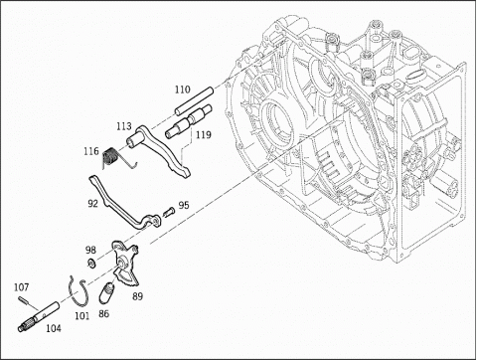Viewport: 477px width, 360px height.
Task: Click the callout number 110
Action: click(x=183, y=90)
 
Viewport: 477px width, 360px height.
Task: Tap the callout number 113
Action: click(x=124, y=126)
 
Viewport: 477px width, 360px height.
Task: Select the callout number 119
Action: click(x=203, y=135)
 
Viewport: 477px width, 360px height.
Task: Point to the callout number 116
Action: click(x=91, y=151)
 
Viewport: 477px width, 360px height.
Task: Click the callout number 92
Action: click(x=93, y=203)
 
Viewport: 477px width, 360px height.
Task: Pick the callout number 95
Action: click(x=184, y=205)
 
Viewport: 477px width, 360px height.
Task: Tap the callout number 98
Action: click(x=90, y=250)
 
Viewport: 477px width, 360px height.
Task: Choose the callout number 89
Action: click(x=138, y=296)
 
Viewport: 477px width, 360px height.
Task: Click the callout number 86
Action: click(x=103, y=313)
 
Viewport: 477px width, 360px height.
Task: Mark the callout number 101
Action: click(x=81, y=315)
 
